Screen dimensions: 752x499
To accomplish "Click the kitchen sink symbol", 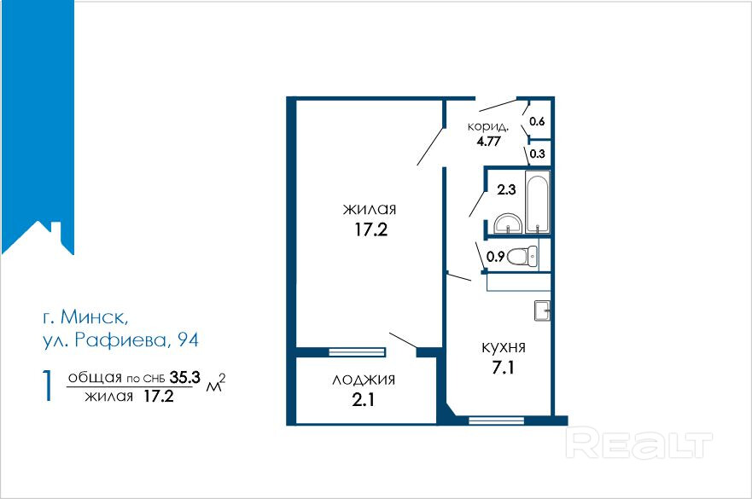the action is pos(541,310).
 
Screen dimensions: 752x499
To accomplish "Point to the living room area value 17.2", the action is pos(370,229).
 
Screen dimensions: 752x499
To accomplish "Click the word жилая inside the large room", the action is pos(370,209).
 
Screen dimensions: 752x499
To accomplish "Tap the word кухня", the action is pos(503,347).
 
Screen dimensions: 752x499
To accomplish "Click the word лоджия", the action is pos(363,380).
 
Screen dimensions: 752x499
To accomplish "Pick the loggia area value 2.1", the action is pos(363,399).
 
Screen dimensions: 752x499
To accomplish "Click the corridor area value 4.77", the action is pos(488,142).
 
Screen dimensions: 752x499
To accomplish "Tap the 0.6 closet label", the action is pos(537,121).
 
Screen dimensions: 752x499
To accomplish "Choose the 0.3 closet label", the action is pos(538,154).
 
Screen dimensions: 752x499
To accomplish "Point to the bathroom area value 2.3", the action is pos(507,191).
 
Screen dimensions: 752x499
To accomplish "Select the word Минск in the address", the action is pos(96,318).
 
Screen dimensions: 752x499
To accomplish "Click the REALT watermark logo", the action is pos(639,443).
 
